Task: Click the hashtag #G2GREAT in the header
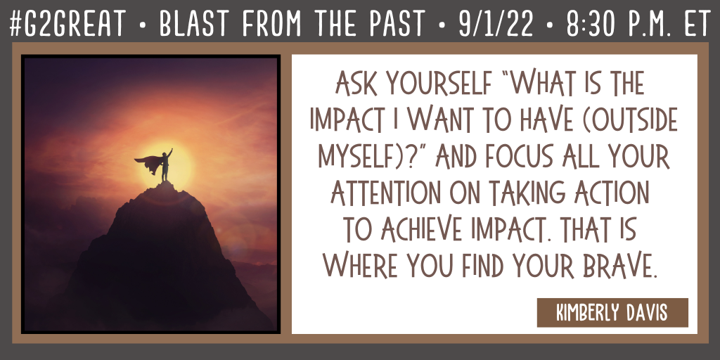[67, 22]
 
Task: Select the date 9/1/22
[496, 22]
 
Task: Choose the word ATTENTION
[387, 193]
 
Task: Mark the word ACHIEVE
[416, 230]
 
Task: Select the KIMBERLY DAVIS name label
[612, 313]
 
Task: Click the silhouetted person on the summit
[166, 165]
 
